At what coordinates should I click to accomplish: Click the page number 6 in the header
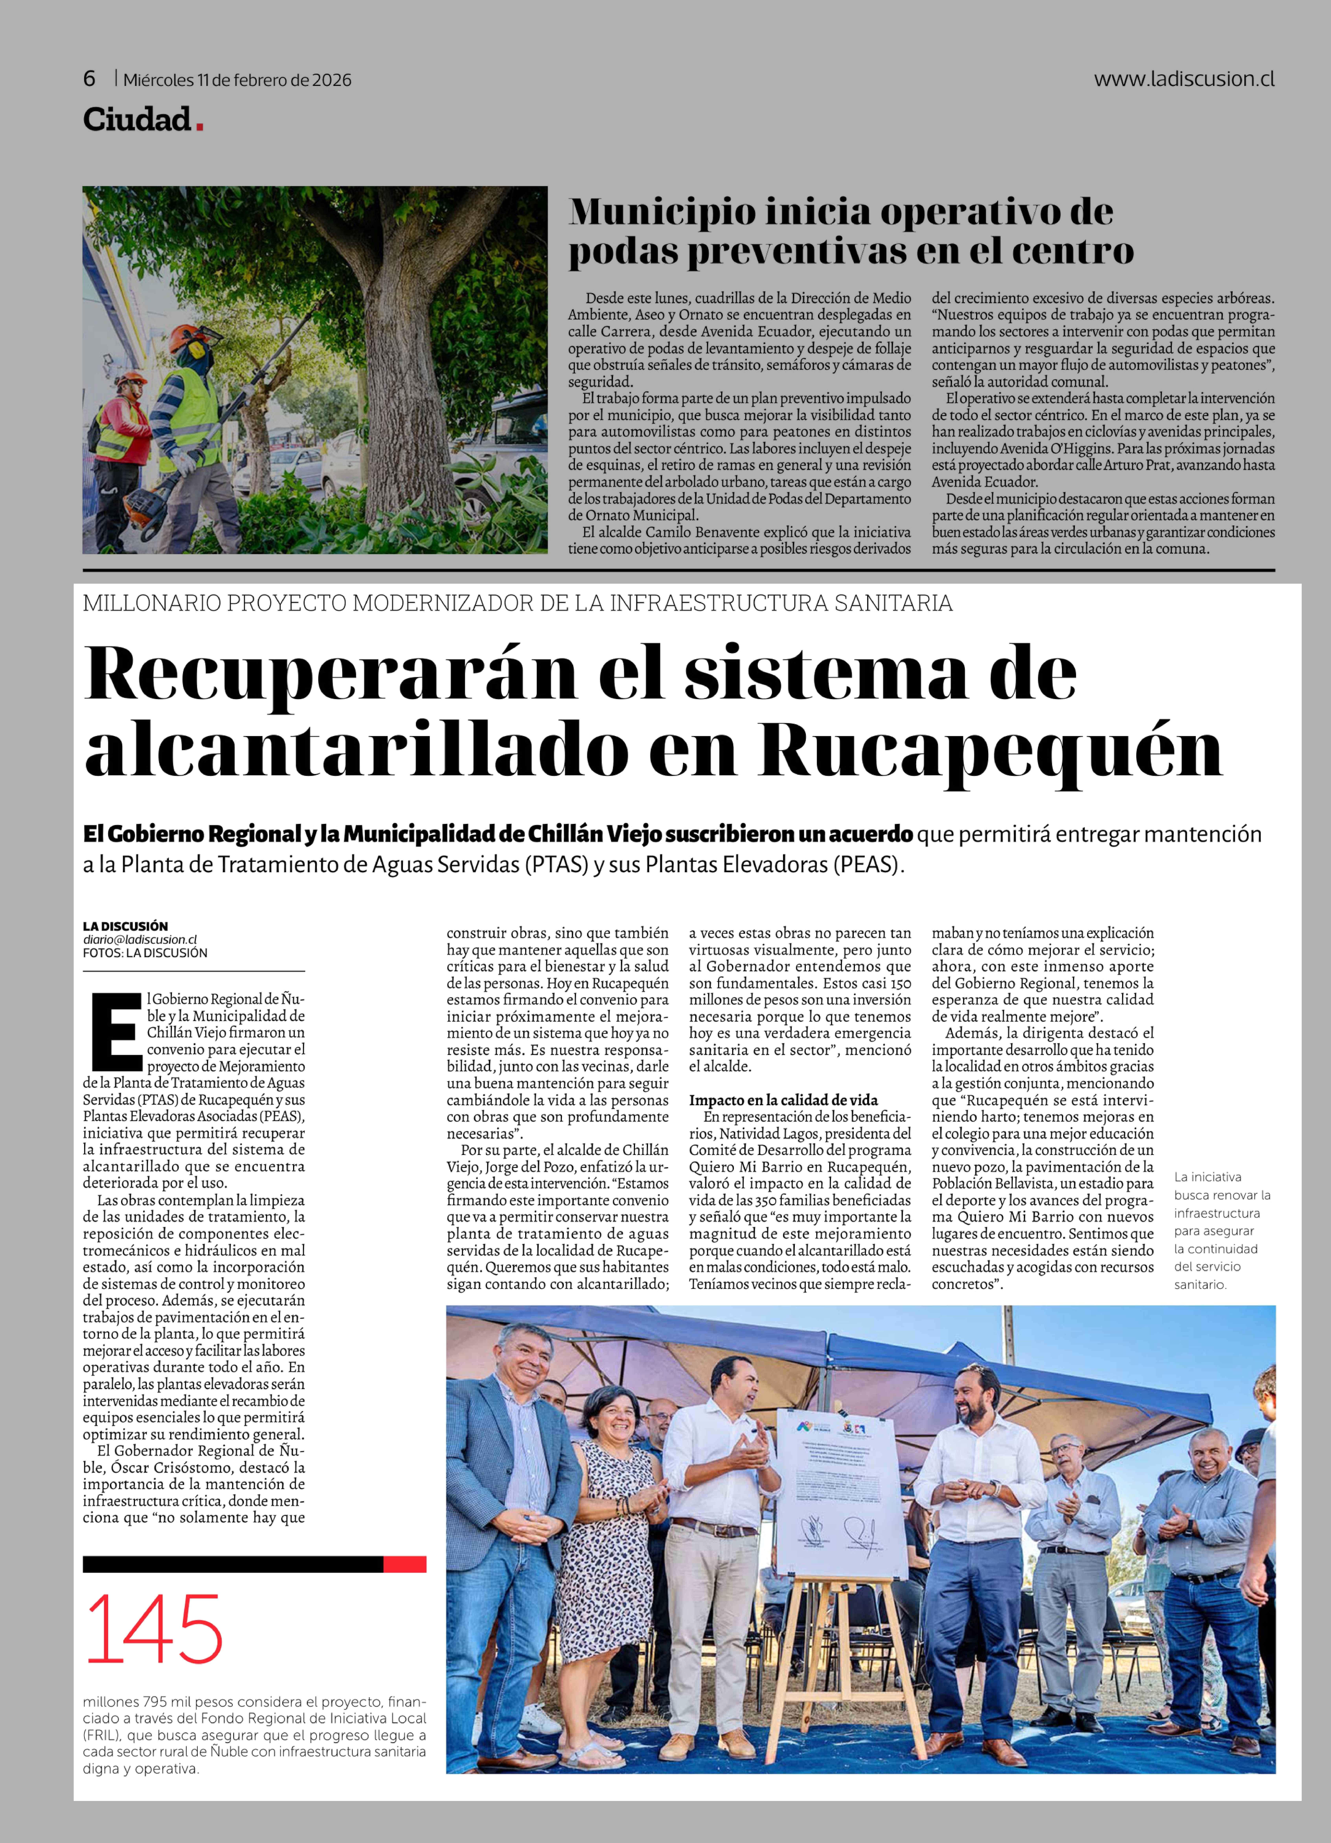(89, 79)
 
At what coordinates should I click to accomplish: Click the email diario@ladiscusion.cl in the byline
(140, 939)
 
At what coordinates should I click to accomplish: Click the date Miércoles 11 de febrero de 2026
(237, 80)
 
